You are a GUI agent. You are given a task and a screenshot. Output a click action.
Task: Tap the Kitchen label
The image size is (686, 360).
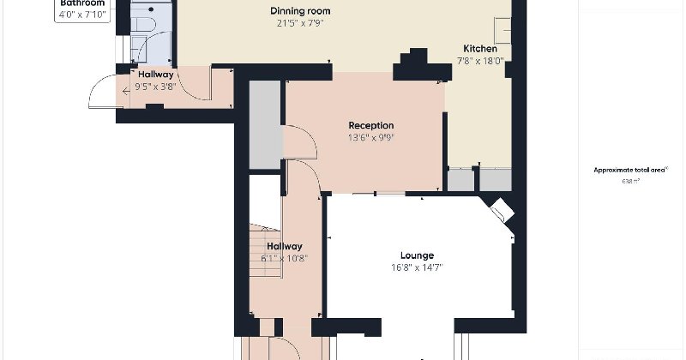point(480,49)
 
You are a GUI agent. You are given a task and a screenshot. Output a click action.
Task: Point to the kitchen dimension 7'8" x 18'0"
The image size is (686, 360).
point(480,61)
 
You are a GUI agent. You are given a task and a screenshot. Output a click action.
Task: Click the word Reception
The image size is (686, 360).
point(370,125)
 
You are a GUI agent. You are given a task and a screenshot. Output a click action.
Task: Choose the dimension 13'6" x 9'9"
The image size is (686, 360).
point(370,137)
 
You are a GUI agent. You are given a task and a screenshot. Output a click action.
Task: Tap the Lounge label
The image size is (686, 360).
point(417,255)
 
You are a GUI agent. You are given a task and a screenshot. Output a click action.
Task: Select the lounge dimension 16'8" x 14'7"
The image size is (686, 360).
point(417,267)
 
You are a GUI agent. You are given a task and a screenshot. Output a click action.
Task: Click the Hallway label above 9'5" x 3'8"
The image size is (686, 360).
point(156,75)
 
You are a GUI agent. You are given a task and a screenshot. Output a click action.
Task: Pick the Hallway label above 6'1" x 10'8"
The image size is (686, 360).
point(284,246)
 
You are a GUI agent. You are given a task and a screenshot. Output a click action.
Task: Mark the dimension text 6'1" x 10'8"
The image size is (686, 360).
point(284,258)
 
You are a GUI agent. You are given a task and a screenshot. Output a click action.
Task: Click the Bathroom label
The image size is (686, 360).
point(82,3)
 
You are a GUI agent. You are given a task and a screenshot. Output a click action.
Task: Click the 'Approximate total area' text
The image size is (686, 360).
point(630,171)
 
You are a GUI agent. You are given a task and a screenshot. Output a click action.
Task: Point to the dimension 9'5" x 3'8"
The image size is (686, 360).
point(156,87)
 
